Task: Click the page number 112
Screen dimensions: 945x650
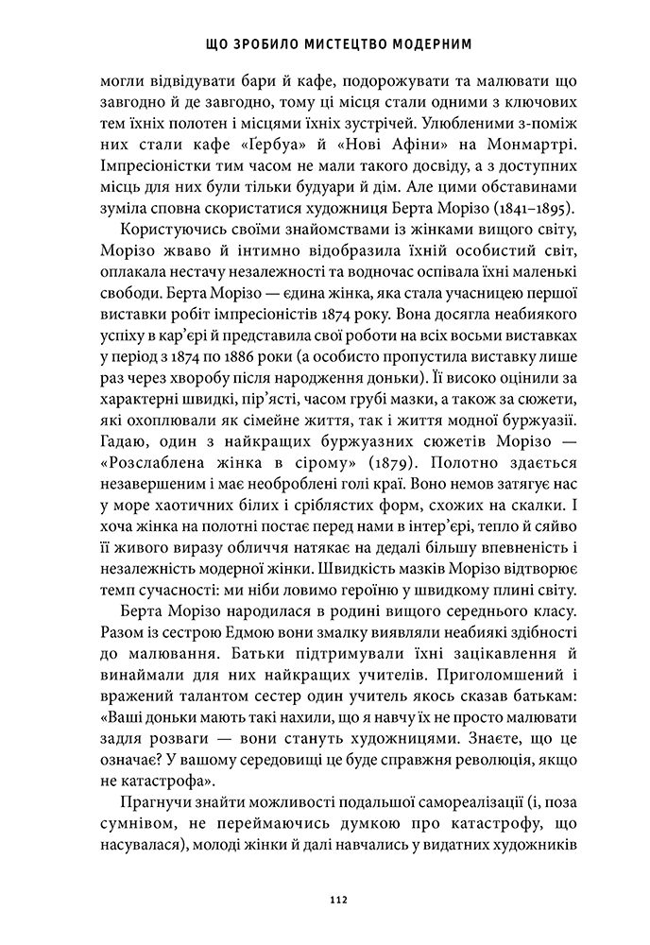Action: point(325,899)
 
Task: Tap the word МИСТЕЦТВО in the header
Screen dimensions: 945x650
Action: point(328,43)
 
